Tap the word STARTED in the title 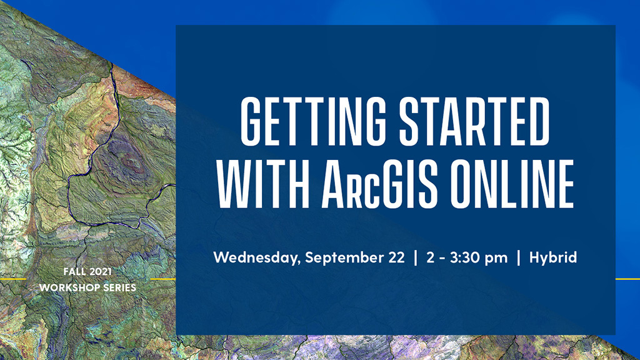click(474, 122)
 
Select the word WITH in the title click(263, 184)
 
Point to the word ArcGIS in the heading click(379, 184)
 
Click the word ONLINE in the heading click(512, 184)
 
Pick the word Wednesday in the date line click(257, 257)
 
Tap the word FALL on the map click(74, 272)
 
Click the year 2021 click(101, 272)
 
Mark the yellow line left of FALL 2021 click(13, 279)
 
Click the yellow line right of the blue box click(627, 279)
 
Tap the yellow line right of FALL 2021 click(163, 279)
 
